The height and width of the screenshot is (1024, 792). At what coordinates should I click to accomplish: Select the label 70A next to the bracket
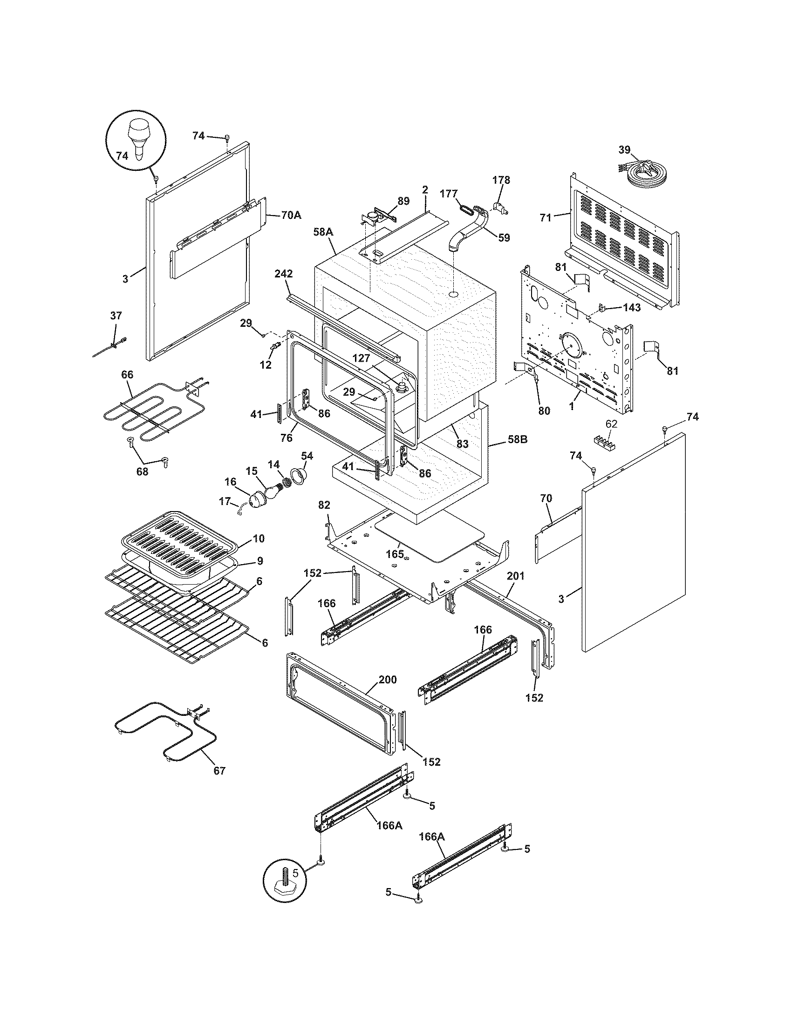click(x=291, y=215)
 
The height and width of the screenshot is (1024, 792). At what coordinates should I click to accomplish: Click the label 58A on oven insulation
click(x=323, y=232)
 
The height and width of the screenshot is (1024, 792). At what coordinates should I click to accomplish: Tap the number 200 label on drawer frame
click(x=387, y=680)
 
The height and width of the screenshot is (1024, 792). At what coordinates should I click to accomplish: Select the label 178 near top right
click(x=501, y=180)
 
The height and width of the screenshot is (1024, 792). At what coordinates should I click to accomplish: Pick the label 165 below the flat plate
click(x=395, y=554)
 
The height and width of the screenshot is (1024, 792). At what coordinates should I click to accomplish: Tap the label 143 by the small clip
click(x=632, y=308)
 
